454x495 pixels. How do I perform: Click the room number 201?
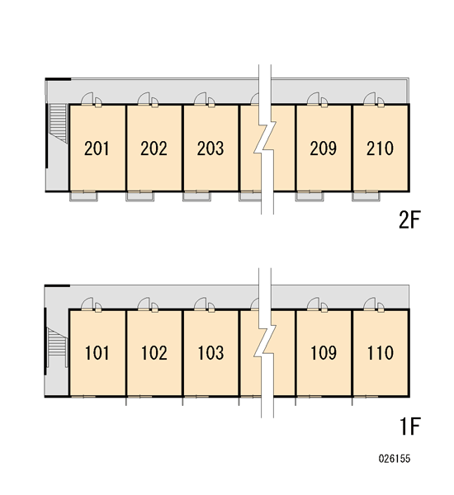[97, 148]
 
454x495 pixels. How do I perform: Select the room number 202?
[154, 148]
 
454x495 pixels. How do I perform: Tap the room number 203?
[210, 148]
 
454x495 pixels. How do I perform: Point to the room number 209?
[324, 148]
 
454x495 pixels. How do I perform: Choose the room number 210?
[380, 148]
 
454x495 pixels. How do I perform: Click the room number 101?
[97, 353]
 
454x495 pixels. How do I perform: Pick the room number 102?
[154, 353]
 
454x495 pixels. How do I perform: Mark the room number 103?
[210, 353]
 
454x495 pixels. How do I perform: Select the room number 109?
[324, 353]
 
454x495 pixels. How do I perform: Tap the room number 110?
[381, 353]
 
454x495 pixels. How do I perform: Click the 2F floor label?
[409, 219]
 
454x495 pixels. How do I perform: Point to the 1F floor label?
[410, 427]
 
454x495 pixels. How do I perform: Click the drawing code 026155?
[395, 459]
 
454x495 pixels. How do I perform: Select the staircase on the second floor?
[58, 123]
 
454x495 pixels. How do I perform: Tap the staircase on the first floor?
[57, 347]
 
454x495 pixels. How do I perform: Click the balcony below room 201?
[83, 196]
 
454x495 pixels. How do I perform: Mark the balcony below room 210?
[367, 196]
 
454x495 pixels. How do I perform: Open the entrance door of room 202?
[144, 98]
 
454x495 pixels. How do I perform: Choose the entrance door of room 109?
[313, 304]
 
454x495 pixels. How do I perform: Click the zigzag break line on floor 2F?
[265, 139]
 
